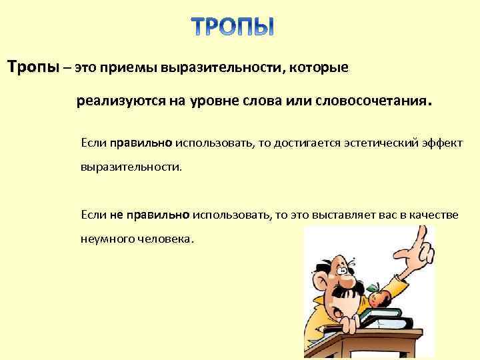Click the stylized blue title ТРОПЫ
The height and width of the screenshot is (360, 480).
point(233,26)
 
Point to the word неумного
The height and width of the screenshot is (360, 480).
point(106,238)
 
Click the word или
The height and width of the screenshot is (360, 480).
point(273,103)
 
